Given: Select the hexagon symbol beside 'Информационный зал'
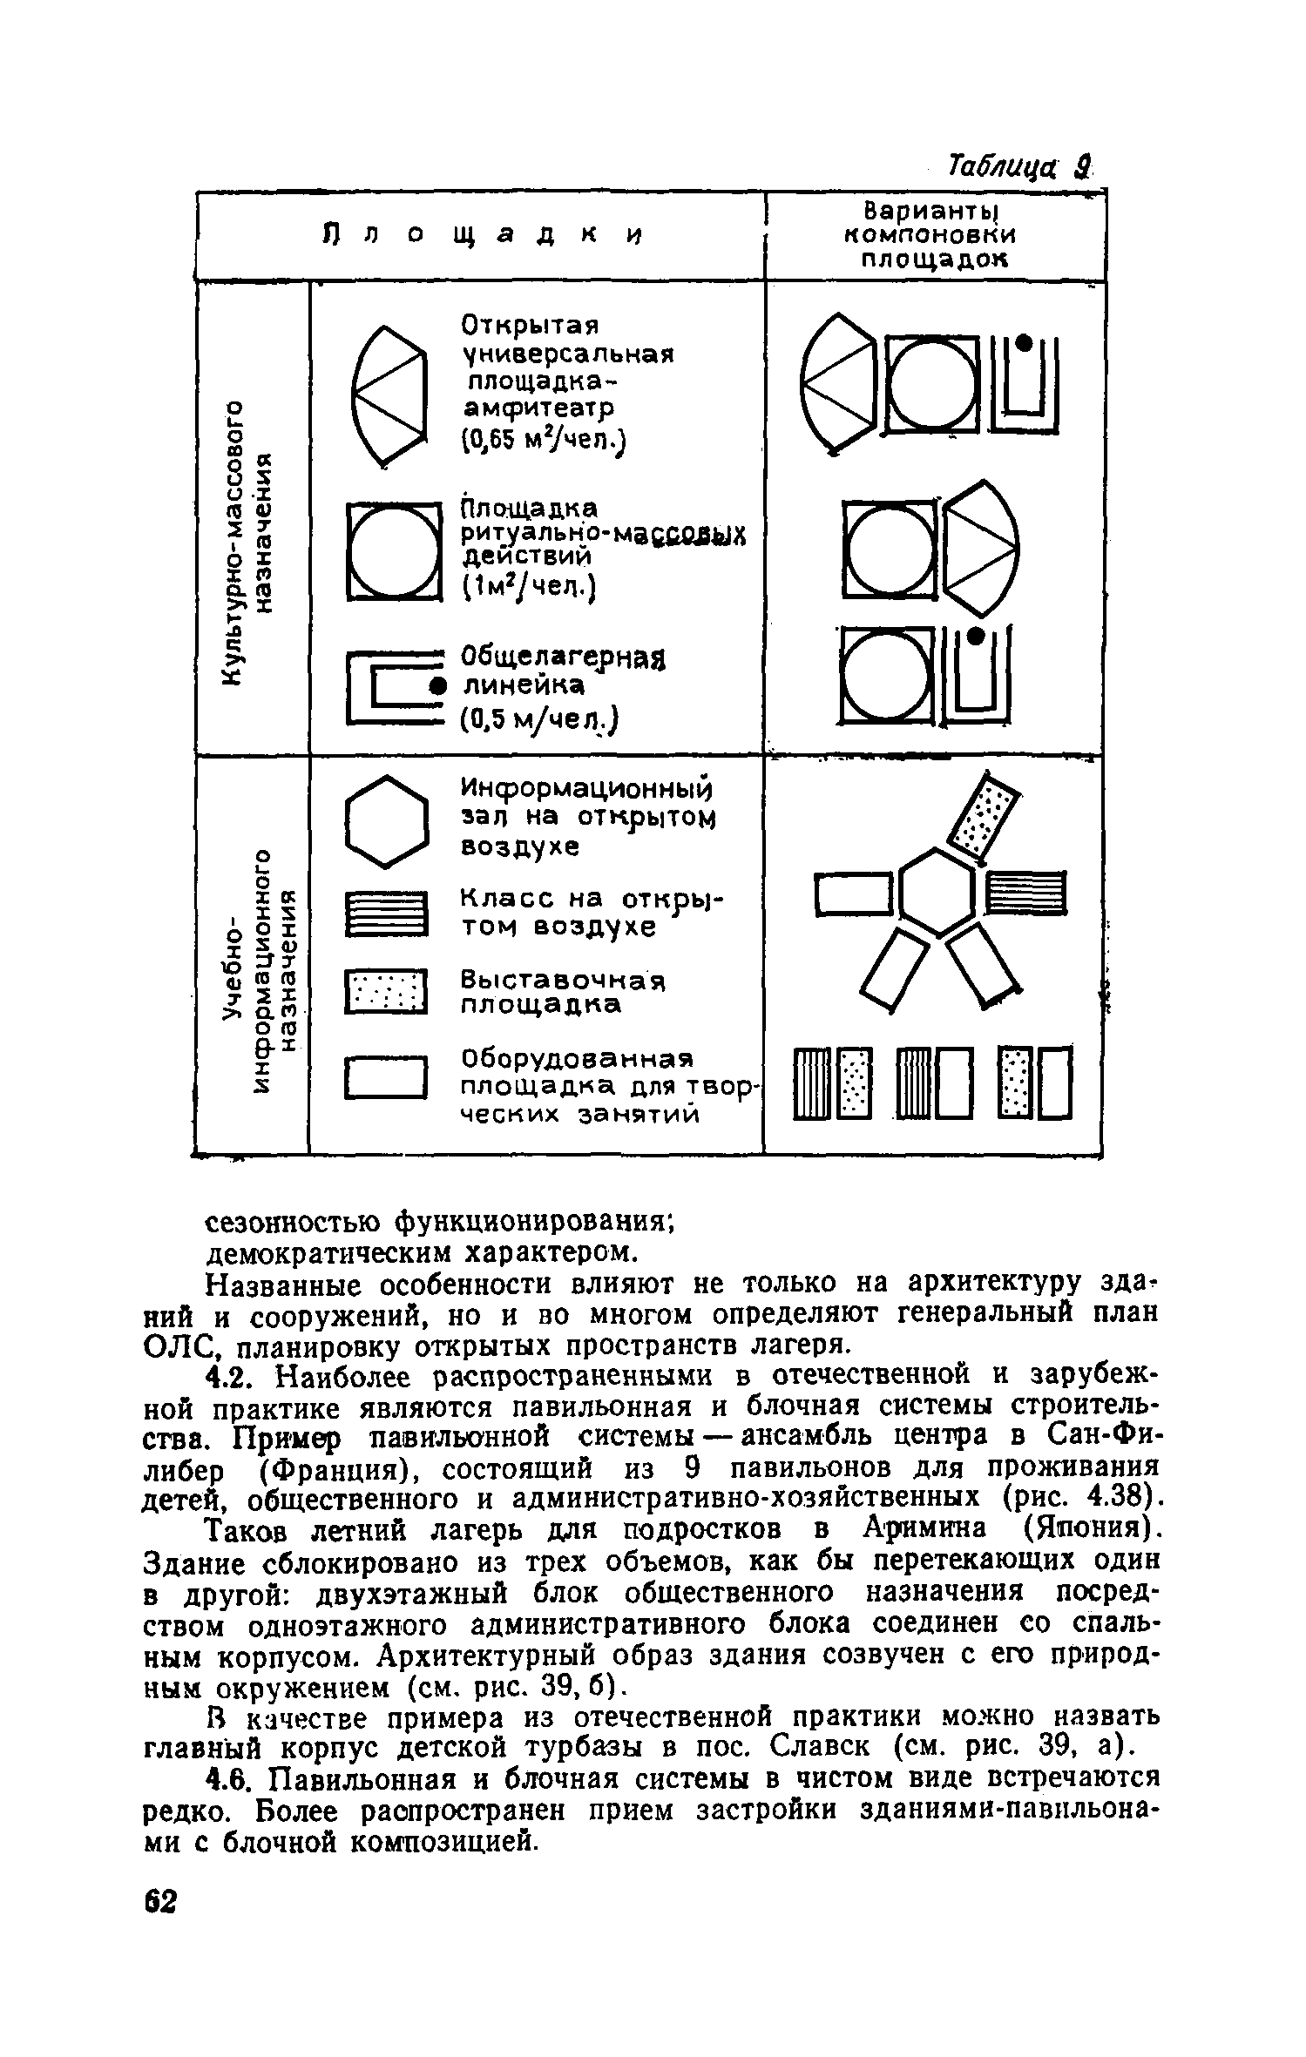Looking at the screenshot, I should coord(387,820).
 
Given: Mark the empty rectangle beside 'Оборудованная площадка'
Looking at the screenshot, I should coord(387,1078).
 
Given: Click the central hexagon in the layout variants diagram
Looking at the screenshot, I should coord(937,892).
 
